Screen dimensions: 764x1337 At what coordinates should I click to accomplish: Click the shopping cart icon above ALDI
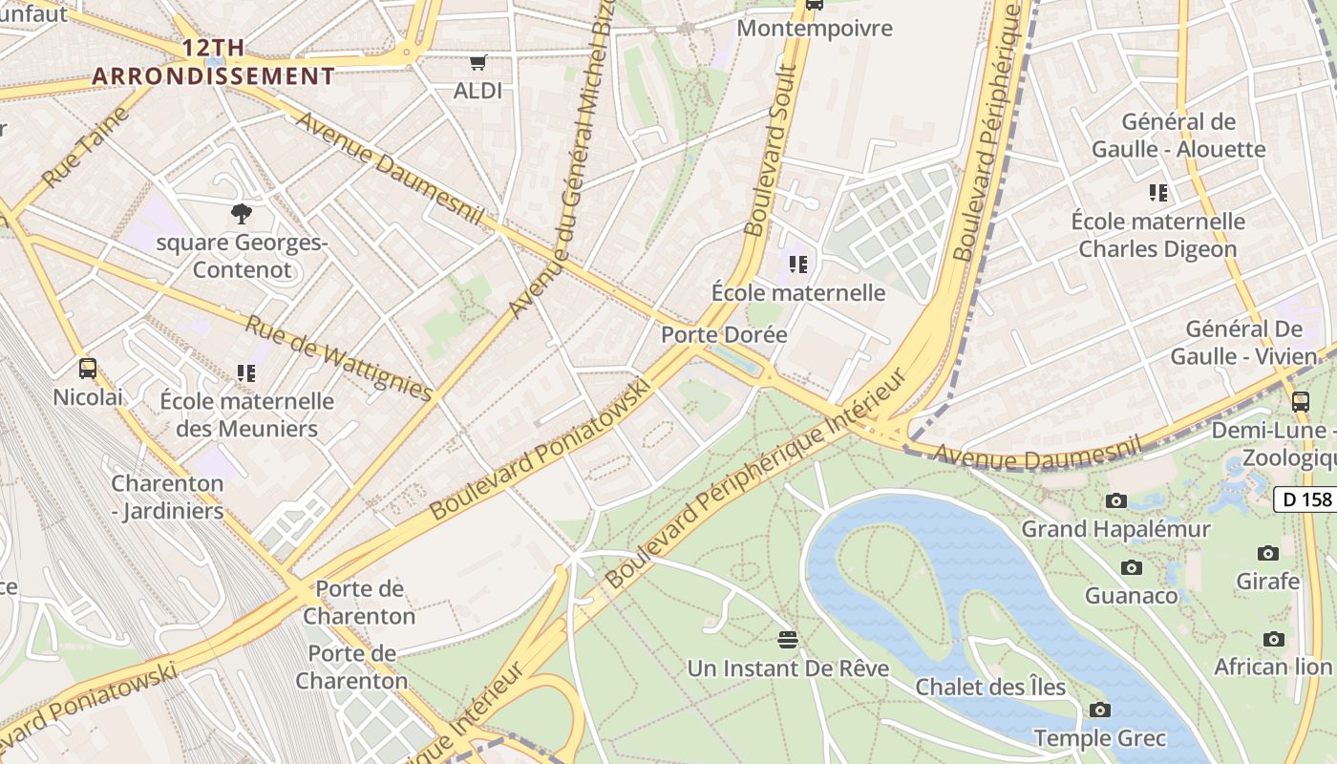click(x=478, y=63)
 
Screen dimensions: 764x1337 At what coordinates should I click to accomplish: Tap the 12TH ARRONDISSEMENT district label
click(x=214, y=63)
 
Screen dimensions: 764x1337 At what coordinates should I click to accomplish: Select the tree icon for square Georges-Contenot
click(x=242, y=213)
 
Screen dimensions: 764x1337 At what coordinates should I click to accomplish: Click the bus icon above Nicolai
click(x=88, y=368)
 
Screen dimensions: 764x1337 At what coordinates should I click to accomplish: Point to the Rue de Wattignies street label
click(x=339, y=357)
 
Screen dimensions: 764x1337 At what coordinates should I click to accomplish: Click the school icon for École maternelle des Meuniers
click(x=246, y=372)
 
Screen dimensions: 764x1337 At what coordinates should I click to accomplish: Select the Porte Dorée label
click(x=724, y=334)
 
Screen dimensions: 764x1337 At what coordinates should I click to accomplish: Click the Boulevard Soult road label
click(x=771, y=150)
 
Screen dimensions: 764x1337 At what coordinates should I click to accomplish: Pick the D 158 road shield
click(x=1305, y=499)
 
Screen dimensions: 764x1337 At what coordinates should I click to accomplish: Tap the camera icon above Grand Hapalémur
click(x=1115, y=500)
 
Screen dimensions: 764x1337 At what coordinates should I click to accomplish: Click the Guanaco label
click(x=1132, y=595)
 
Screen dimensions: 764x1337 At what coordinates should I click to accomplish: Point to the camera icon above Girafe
click(x=1268, y=553)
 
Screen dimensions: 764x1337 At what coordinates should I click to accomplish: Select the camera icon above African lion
click(x=1273, y=639)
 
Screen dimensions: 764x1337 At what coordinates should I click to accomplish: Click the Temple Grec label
click(x=1100, y=738)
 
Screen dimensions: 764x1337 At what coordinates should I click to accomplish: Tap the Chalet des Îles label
click(x=990, y=687)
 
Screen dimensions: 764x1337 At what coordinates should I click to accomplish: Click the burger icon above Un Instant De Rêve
click(x=788, y=639)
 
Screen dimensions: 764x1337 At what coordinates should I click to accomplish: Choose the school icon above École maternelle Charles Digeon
click(x=1158, y=193)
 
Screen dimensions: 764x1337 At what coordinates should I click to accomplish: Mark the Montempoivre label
click(x=815, y=29)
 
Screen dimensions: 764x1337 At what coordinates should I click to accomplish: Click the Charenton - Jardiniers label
click(x=167, y=497)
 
